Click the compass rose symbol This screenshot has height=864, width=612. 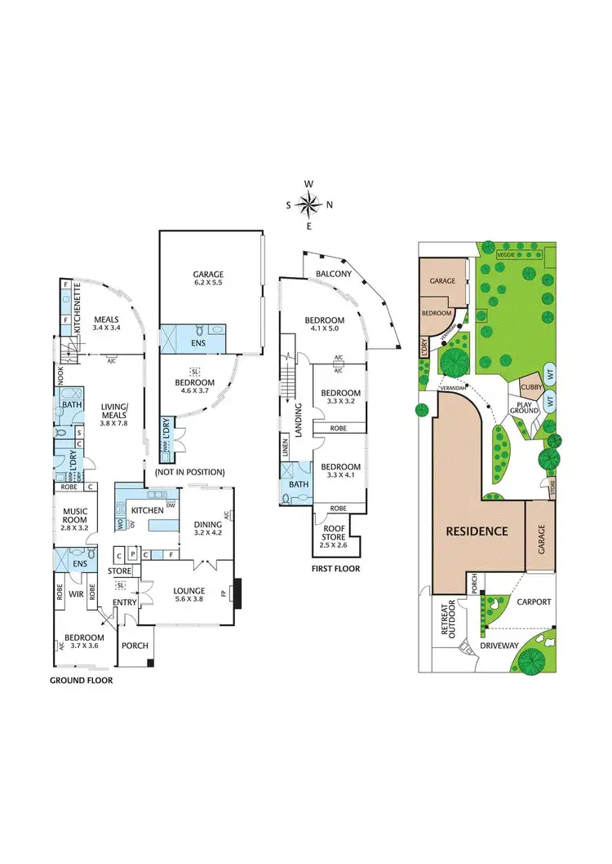[309, 204]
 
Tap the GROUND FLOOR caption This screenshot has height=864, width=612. [81, 680]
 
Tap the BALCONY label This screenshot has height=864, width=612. [335, 274]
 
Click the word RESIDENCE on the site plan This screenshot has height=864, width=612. [477, 531]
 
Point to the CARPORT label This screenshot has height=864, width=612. [534, 602]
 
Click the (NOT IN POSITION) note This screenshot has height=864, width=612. [189, 473]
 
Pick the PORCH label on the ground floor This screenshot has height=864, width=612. [135, 645]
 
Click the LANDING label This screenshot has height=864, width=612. [299, 419]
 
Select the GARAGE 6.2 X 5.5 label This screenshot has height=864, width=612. [208, 278]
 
